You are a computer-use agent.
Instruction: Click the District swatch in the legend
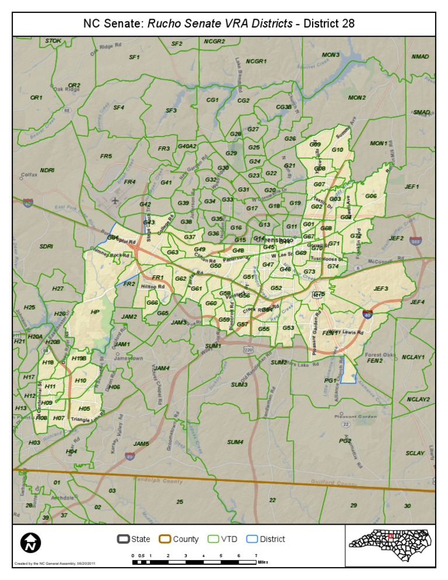coord(251,539)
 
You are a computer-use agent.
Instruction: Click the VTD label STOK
coord(53,41)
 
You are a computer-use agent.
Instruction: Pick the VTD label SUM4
coord(235,442)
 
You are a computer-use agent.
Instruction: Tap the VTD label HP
coord(95,312)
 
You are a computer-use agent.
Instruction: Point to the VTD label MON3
coord(330,55)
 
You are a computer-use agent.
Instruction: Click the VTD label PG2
coord(345,441)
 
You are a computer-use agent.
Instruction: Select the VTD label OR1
coord(36,97)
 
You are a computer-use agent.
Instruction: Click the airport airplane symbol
coord(116,201)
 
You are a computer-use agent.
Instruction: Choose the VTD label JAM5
coord(141,443)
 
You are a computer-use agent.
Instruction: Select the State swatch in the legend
coord(123,539)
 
